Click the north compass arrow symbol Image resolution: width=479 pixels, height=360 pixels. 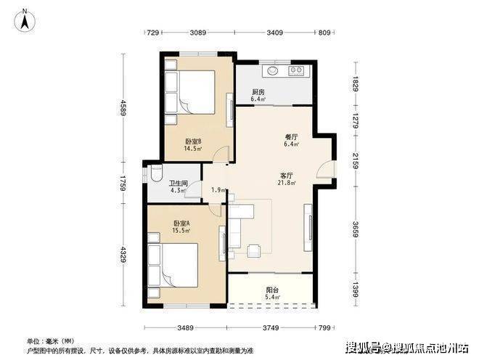point(25,20)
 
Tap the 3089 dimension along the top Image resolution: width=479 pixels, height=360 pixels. point(198,33)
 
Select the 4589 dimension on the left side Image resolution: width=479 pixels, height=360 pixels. point(123,108)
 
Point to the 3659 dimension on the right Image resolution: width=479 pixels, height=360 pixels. point(356,229)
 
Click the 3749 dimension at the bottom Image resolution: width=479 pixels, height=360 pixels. point(271,327)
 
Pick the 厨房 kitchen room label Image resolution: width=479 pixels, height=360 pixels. point(258,92)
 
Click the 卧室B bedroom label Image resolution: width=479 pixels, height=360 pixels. point(193,142)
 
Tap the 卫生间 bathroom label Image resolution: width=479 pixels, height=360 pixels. point(179,184)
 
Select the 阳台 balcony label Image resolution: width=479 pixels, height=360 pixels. point(272,290)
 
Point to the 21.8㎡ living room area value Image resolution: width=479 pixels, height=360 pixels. point(287,183)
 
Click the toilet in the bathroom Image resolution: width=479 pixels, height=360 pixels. point(156,174)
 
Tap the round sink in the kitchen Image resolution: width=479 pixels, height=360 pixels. point(272,70)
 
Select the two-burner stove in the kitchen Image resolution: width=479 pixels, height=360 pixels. point(296,70)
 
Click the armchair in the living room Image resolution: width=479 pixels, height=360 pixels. point(254,250)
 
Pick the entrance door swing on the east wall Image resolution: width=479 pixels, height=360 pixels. point(325,169)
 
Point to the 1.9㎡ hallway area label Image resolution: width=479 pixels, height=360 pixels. point(218,189)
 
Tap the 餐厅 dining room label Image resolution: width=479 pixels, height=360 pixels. point(292,137)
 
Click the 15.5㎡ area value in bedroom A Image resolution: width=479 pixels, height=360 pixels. point(181,230)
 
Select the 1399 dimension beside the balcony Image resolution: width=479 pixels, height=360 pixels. point(356,290)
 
